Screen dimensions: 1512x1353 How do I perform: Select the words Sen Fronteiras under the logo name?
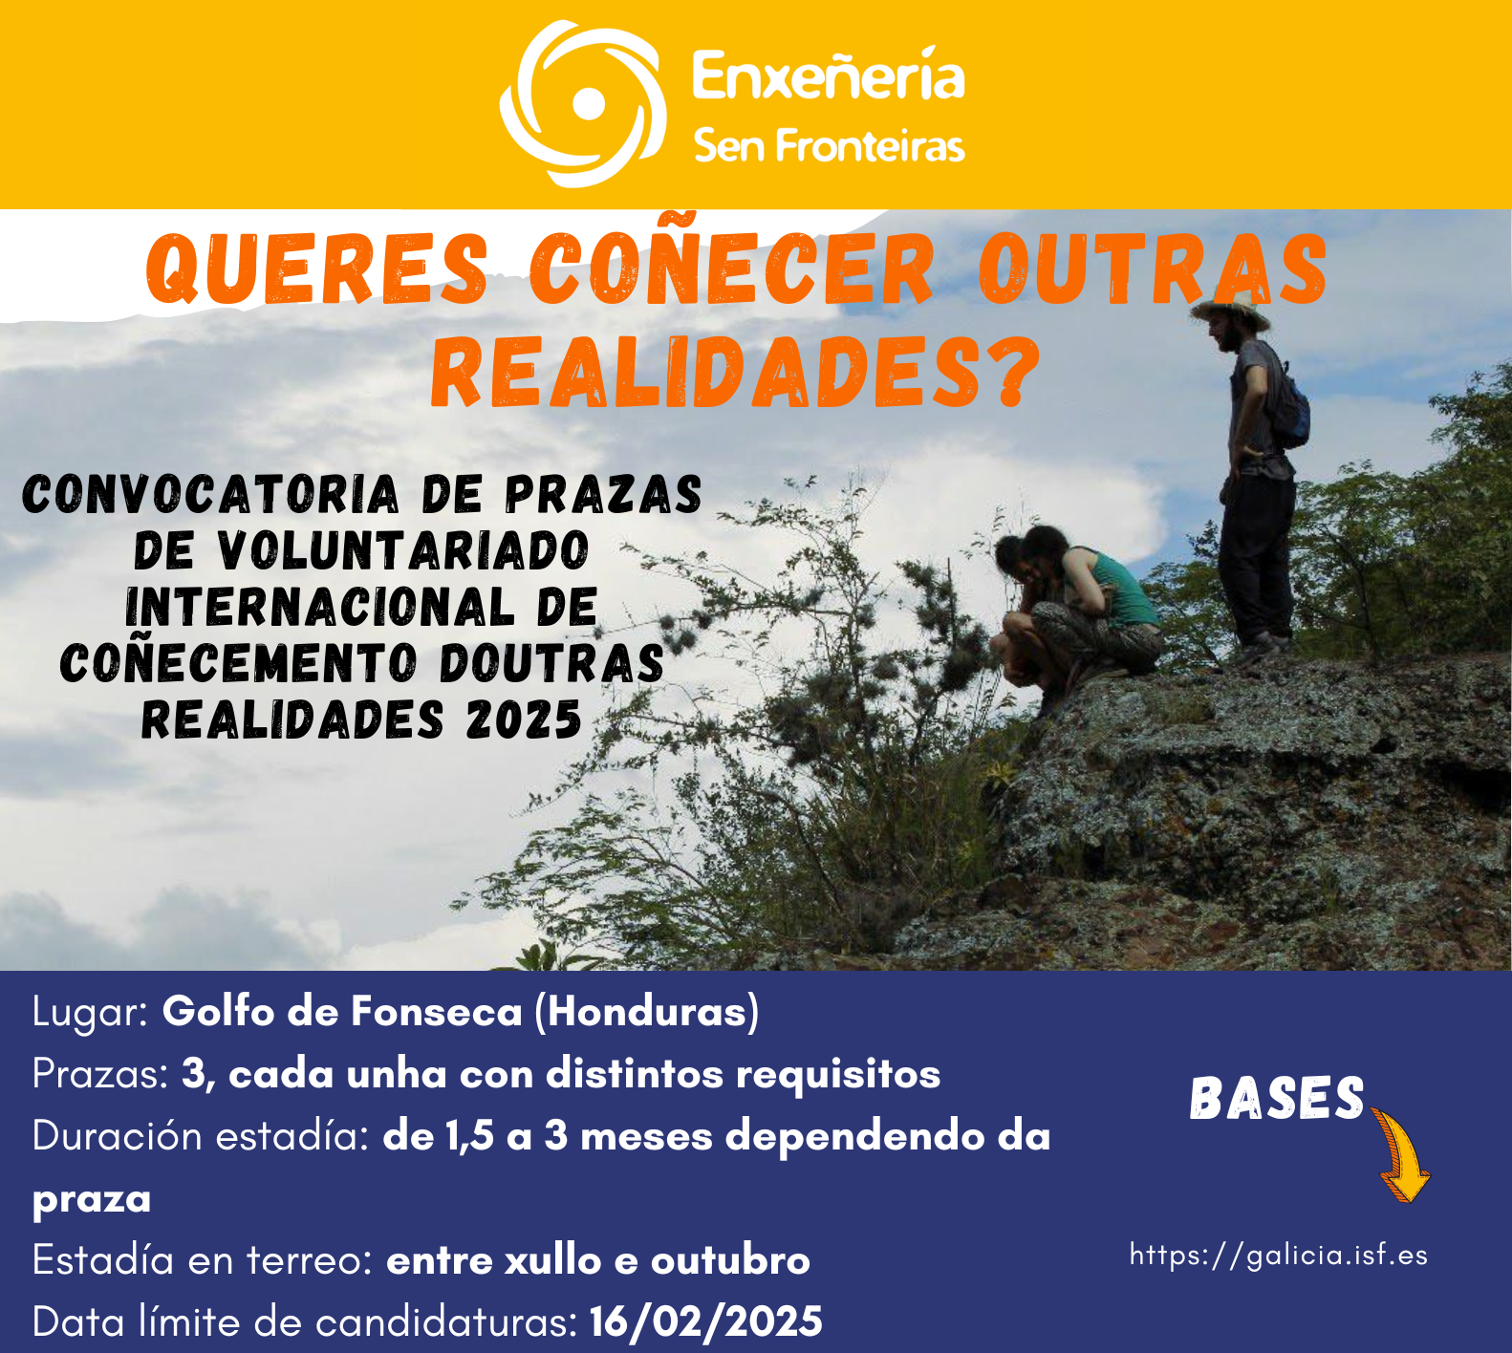[x=829, y=146]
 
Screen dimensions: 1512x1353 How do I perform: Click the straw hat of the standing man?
[x=1232, y=310]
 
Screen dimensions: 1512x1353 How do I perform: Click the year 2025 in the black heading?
[x=524, y=719]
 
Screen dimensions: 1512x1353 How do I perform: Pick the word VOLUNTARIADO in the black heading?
[x=403, y=550]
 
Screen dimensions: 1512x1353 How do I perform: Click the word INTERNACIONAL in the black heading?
[x=320, y=607]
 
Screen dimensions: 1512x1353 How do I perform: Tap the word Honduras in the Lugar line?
[x=647, y=1011]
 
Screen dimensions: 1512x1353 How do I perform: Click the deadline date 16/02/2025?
[x=705, y=1322]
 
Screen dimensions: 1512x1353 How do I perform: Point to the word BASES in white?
[x=1277, y=1099]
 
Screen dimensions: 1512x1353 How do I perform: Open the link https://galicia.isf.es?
[x=1279, y=1255]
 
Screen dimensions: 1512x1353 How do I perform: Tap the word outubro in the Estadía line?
[x=730, y=1260]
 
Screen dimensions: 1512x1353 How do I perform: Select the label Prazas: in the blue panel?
[x=101, y=1074]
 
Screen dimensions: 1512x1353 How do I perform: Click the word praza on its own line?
[x=92, y=1200]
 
